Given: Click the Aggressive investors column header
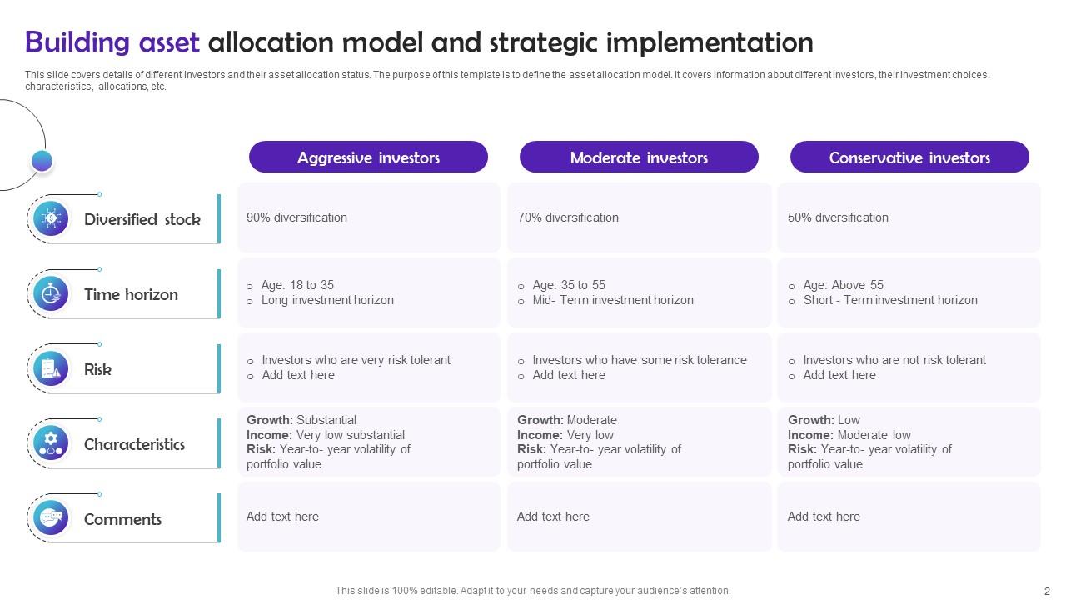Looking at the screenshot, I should [368, 157].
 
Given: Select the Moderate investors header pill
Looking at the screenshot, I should [639, 157].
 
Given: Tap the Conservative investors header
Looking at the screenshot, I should [909, 157].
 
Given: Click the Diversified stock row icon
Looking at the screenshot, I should [51, 218].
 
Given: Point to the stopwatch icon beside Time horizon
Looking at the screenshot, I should [51, 293].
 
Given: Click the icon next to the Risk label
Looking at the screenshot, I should [51, 368].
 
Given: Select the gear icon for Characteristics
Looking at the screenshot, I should [51, 442].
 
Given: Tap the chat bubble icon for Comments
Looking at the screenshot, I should [51, 518].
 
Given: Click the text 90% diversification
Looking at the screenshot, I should [296, 217].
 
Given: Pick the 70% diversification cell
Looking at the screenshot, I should [568, 217].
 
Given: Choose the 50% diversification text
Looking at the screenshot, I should [838, 217].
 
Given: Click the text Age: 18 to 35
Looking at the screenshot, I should [297, 285].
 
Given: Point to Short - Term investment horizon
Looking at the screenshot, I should [890, 300].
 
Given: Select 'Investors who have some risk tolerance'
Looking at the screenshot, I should [640, 360].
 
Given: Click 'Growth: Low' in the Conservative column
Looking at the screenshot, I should [824, 420].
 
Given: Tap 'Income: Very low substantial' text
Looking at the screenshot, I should [326, 435].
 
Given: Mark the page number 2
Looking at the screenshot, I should [1047, 591].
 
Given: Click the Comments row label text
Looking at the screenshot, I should [122, 519].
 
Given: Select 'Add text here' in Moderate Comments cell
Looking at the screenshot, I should [553, 517].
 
